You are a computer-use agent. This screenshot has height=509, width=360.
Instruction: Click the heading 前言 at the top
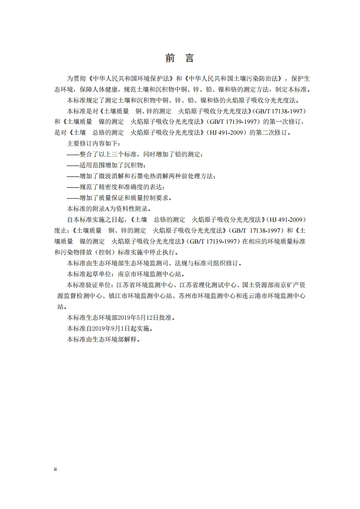coord(180,59)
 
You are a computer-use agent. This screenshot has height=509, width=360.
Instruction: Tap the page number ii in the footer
coord(55,470)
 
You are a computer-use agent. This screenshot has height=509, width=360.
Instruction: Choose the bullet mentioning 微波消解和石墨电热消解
coord(141,176)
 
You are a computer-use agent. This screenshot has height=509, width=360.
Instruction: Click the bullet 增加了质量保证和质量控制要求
coord(120,198)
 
